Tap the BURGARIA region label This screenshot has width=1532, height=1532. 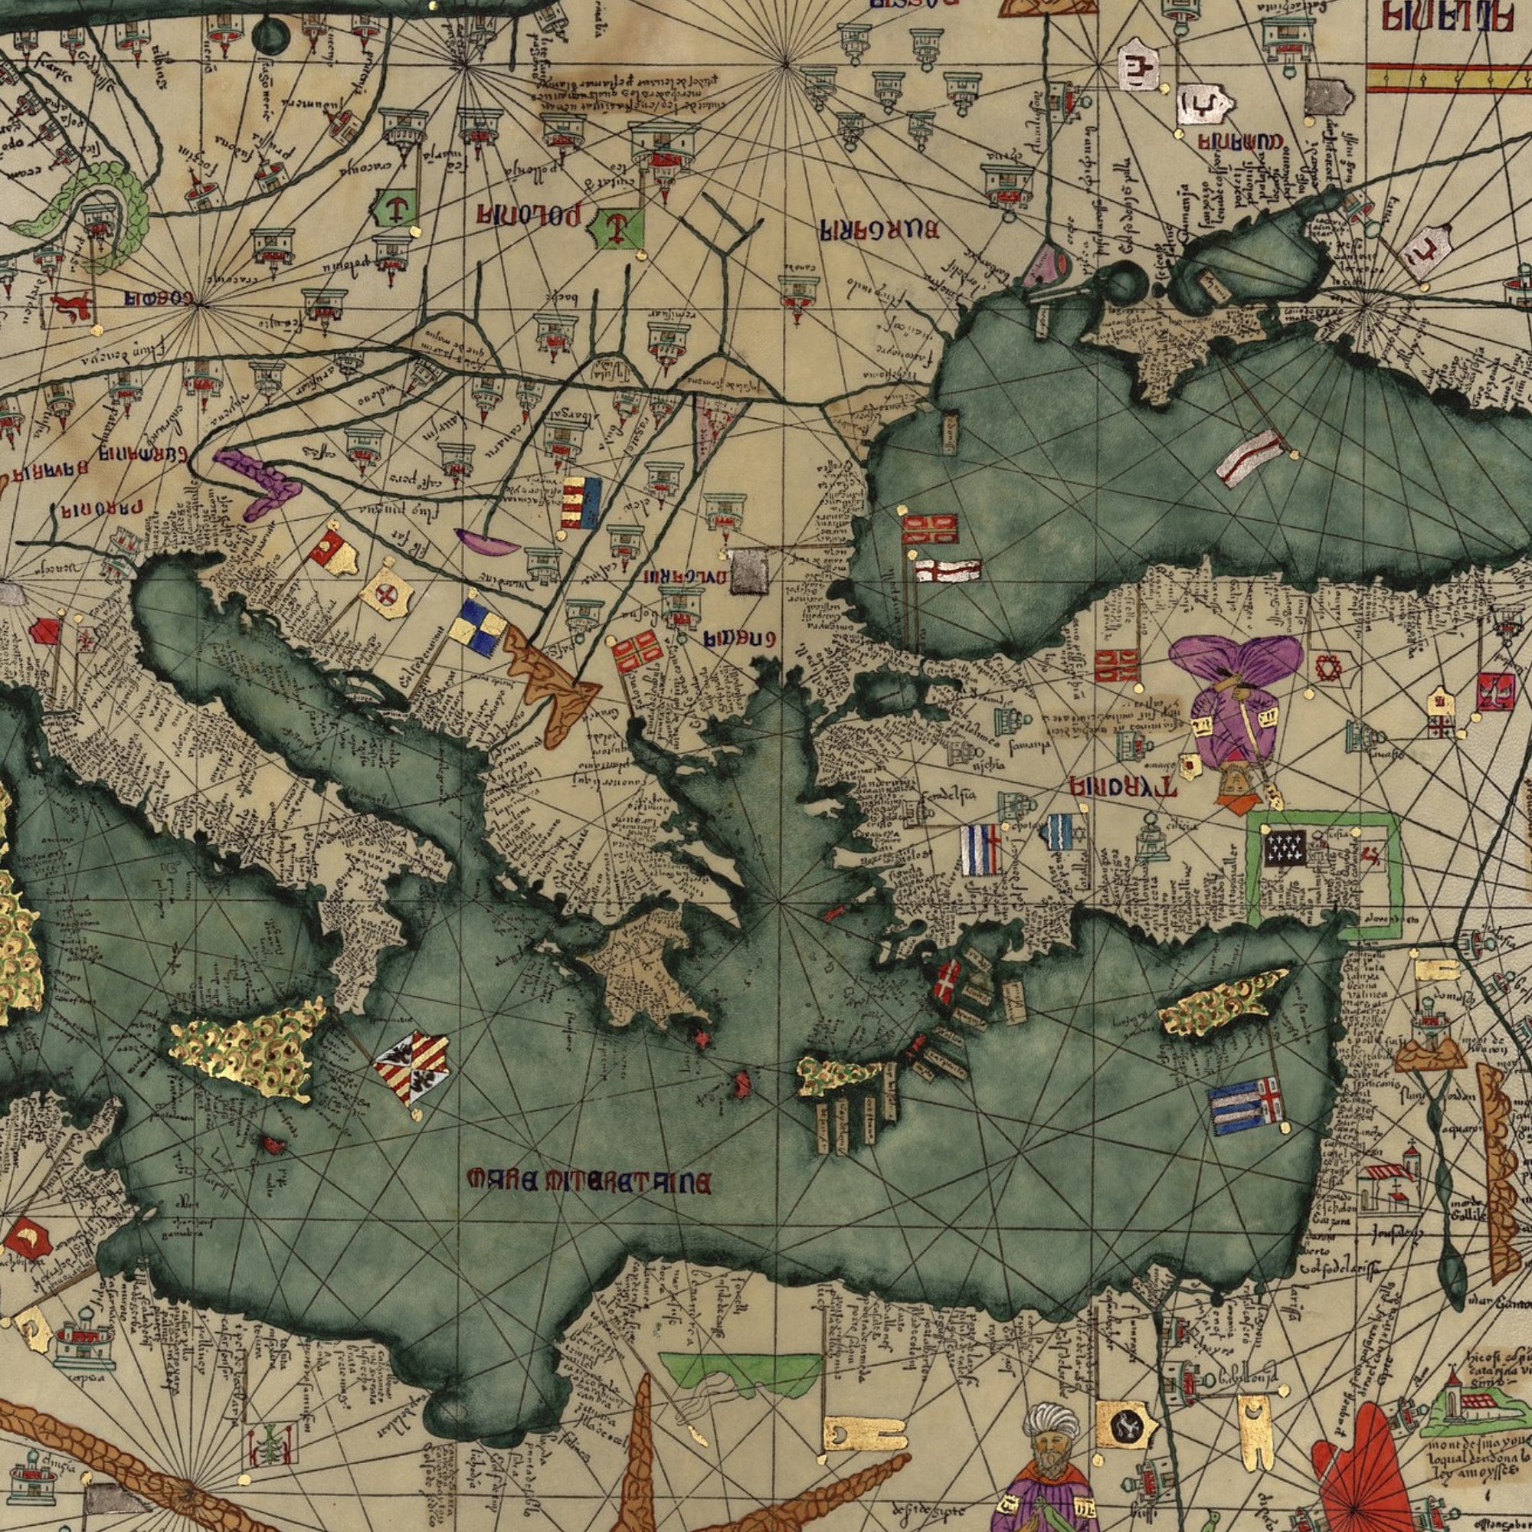[x=879, y=230]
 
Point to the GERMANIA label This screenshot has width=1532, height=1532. [x=143, y=455]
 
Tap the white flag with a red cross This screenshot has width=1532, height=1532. [x=948, y=570]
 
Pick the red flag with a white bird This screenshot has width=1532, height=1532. [x=1494, y=689]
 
